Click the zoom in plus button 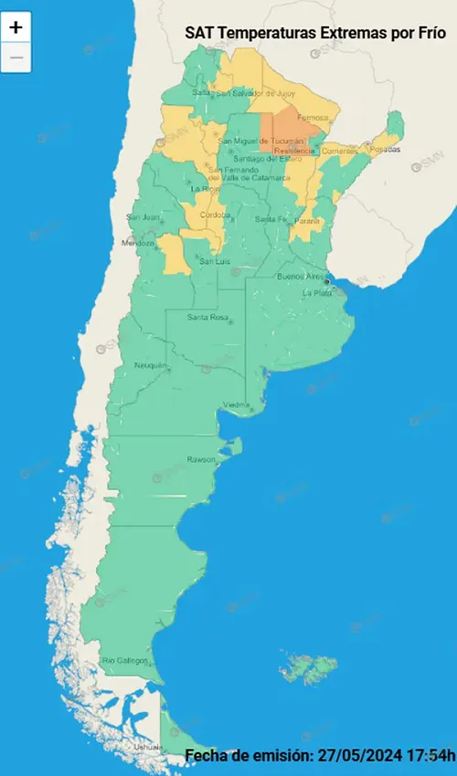16,26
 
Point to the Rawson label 201,458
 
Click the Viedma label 236,404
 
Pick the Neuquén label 151,365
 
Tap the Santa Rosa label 207,317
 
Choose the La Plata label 318,292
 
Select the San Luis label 214,261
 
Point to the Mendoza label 140,244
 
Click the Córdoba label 213,215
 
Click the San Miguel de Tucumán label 262,141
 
